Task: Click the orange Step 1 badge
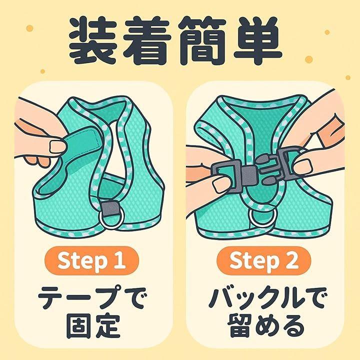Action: click(x=91, y=260)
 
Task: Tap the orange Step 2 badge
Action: click(x=264, y=260)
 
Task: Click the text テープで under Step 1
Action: click(x=91, y=297)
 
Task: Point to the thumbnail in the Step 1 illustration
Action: click(x=57, y=146)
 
